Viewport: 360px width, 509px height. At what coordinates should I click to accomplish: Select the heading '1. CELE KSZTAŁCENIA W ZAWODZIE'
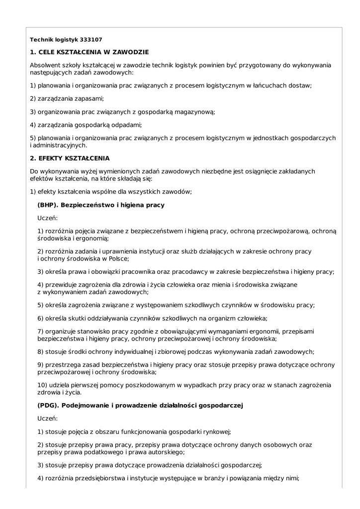point(89,52)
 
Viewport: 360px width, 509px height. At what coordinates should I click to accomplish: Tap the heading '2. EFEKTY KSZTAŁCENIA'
point(70,159)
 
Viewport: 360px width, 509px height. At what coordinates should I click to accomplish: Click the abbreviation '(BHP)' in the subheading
point(48,205)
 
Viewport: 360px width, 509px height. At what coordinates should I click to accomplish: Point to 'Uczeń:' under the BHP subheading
point(48,218)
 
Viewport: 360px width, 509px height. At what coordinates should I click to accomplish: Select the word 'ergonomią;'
point(92,238)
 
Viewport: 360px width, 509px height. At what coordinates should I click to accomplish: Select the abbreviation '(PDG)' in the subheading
point(48,406)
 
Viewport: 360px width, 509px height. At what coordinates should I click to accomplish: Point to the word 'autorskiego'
point(166,452)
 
